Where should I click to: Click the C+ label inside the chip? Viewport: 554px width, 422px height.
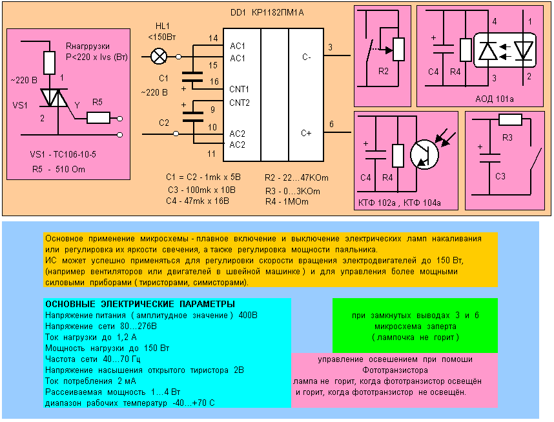pos(306,134)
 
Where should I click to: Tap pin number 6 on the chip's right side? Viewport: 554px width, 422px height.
pos(331,124)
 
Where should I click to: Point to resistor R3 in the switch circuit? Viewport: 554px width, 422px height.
pos(510,120)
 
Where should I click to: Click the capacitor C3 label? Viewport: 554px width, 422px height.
pos(499,176)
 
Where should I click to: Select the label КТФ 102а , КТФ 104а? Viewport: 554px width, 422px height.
pos(400,203)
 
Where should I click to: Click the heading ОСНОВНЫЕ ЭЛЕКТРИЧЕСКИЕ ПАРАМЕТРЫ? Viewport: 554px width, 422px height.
pos(140,304)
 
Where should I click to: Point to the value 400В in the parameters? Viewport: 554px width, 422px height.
pos(249,316)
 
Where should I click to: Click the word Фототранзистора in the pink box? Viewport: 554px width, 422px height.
pos(396,370)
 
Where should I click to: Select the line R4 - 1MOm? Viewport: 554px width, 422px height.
pos(287,202)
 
